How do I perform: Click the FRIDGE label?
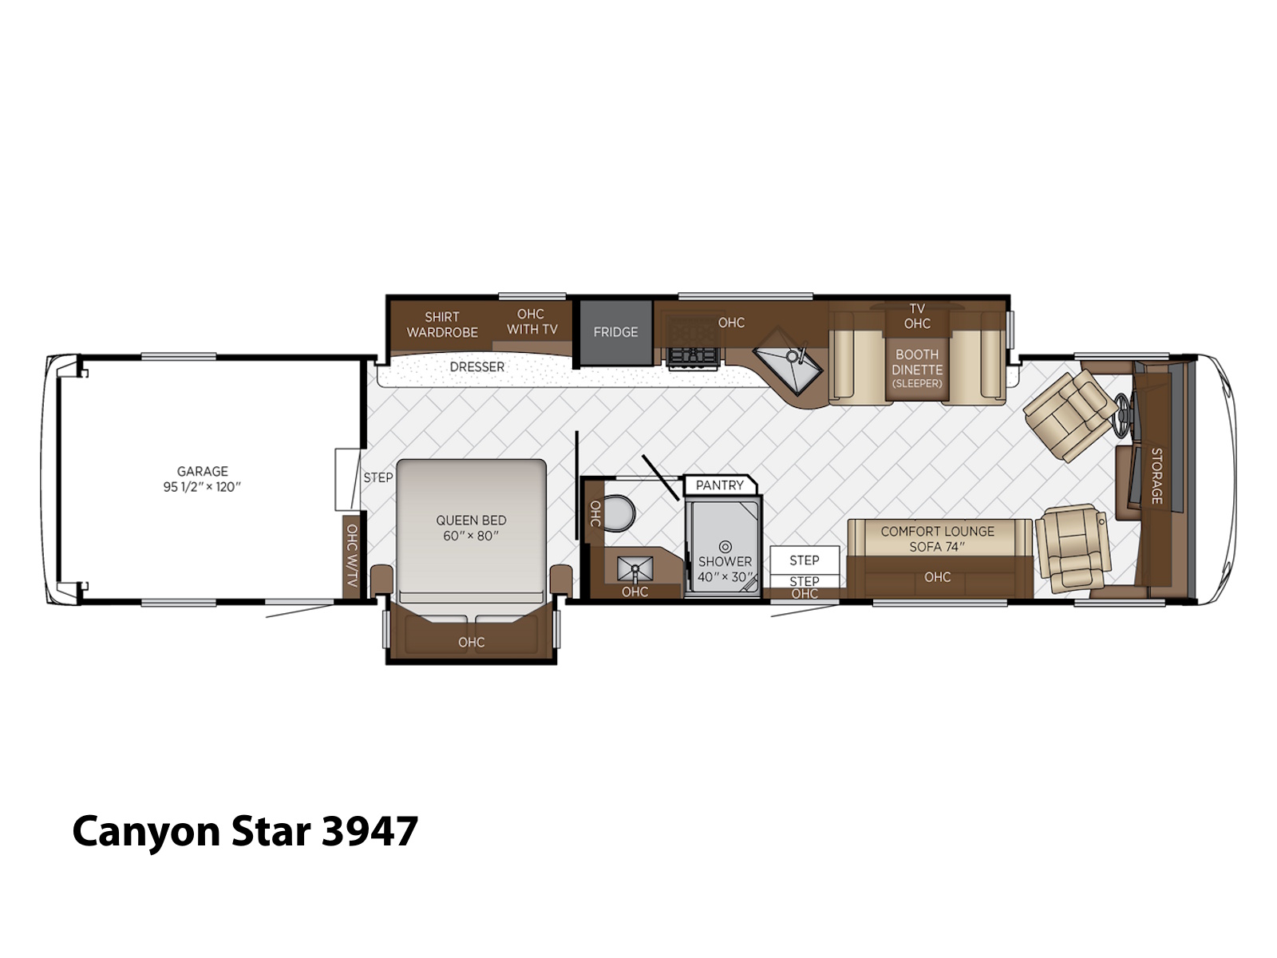[x=615, y=332]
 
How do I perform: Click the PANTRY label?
[x=720, y=485]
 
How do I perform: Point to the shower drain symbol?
[x=725, y=547]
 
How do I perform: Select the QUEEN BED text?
[x=471, y=520]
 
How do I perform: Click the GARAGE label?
[x=203, y=471]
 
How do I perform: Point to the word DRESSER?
[x=477, y=367]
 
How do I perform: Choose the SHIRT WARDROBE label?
[x=442, y=325]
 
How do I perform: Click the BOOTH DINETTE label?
[x=917, y=362]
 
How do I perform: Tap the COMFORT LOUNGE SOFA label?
[x=937, y=539]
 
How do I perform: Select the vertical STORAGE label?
[x=1156, y=476]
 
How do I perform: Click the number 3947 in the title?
[x=370, y=831]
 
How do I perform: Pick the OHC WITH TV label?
[x=532, y=322]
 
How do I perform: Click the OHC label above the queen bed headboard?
[x=471, y=642]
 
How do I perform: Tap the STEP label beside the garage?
[x=378, y=477]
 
